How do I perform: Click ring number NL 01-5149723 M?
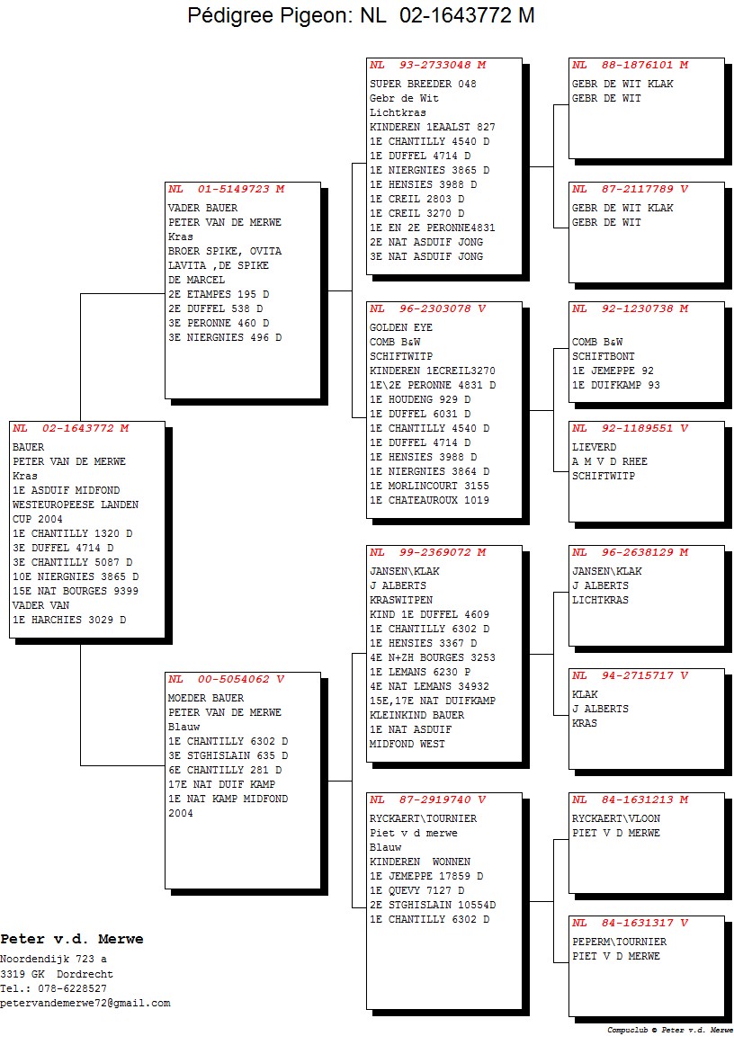tap(227, 189)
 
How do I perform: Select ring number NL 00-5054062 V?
tap(227, 679)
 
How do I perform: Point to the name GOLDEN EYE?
tap(401, 327)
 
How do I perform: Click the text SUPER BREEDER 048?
tap(423, 84)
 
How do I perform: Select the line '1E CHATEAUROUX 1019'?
tap(429, 500)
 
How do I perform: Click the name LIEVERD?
tap(595, 447)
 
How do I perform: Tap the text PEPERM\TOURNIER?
tap(619, 942)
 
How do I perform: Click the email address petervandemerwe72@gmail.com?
tap(85, 1003)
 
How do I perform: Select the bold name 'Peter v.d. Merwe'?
tap(72, 939)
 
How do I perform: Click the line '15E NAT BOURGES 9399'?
tap(76, 591)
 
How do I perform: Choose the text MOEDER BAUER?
tap(206, 698)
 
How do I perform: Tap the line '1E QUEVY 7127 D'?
tap(416, 890)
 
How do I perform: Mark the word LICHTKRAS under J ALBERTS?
tap(600, 600)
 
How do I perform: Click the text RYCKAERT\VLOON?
tap(616, 818)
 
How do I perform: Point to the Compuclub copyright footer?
tap(669, 1030)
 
